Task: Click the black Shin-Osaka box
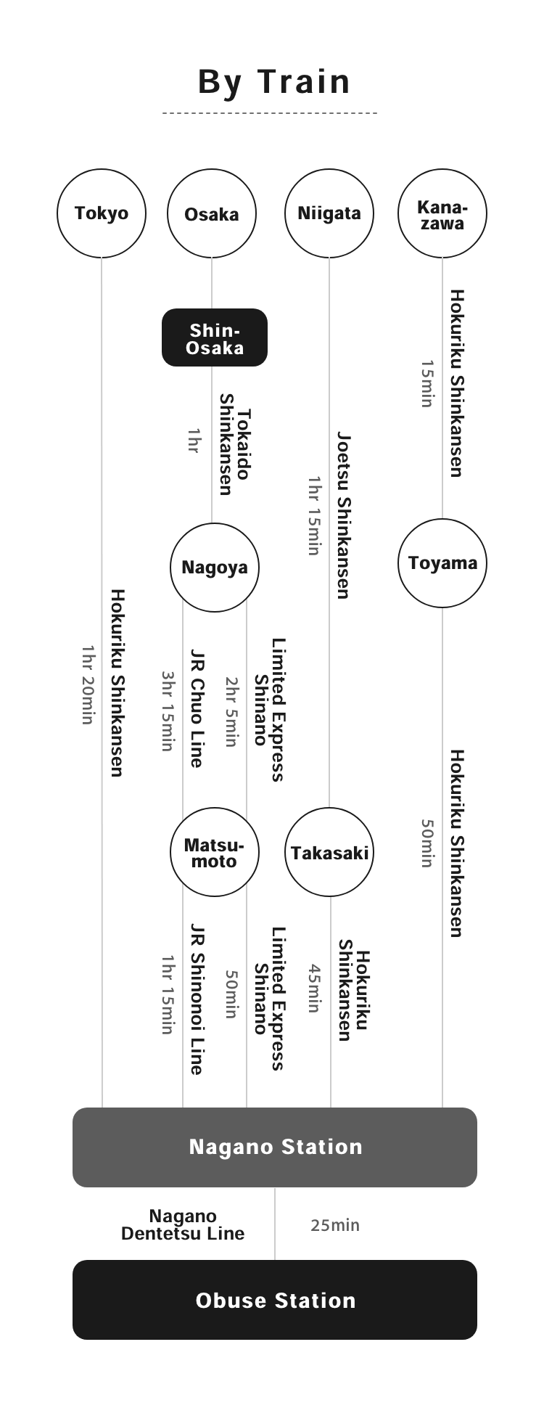[215, 337]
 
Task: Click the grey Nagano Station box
[275, 1147]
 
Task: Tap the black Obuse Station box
[275, 1300]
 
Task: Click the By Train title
[274, 82]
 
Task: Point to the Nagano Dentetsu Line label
[183, 1224]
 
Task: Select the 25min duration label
[335, 1225]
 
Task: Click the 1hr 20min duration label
[88, 684]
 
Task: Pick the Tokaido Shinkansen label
[235, 445]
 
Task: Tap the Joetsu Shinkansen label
[343, 515]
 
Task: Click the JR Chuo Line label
[196, 708]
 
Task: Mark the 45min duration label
[314, 988]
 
